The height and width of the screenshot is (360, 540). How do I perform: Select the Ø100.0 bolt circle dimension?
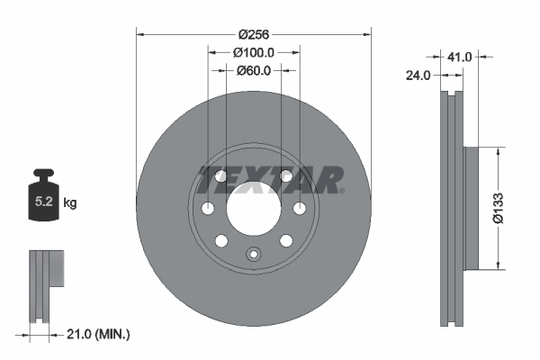point(253,53)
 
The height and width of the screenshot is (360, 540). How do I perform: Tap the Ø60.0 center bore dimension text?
point(253,70)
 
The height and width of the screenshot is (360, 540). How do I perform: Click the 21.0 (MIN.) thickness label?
point(99,334)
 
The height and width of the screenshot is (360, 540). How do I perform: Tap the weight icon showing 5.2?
point(43,198)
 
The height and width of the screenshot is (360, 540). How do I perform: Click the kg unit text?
point(70,204)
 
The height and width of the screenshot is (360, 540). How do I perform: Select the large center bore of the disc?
point(253,210)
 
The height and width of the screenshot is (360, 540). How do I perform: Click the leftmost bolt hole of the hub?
point(208,210)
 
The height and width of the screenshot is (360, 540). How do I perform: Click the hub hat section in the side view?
point(472,208)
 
